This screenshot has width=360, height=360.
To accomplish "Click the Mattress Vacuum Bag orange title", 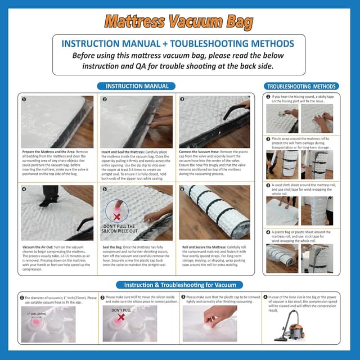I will (179, 21).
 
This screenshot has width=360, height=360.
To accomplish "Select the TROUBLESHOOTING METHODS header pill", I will (301, 87).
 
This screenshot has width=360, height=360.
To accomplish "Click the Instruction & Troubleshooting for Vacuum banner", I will (179, 285).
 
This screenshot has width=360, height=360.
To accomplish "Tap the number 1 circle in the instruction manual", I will (24, 100).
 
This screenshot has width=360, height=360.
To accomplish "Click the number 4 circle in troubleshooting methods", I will (268, 232).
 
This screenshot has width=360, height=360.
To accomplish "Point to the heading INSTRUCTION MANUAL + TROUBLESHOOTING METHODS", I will (179, 43).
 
